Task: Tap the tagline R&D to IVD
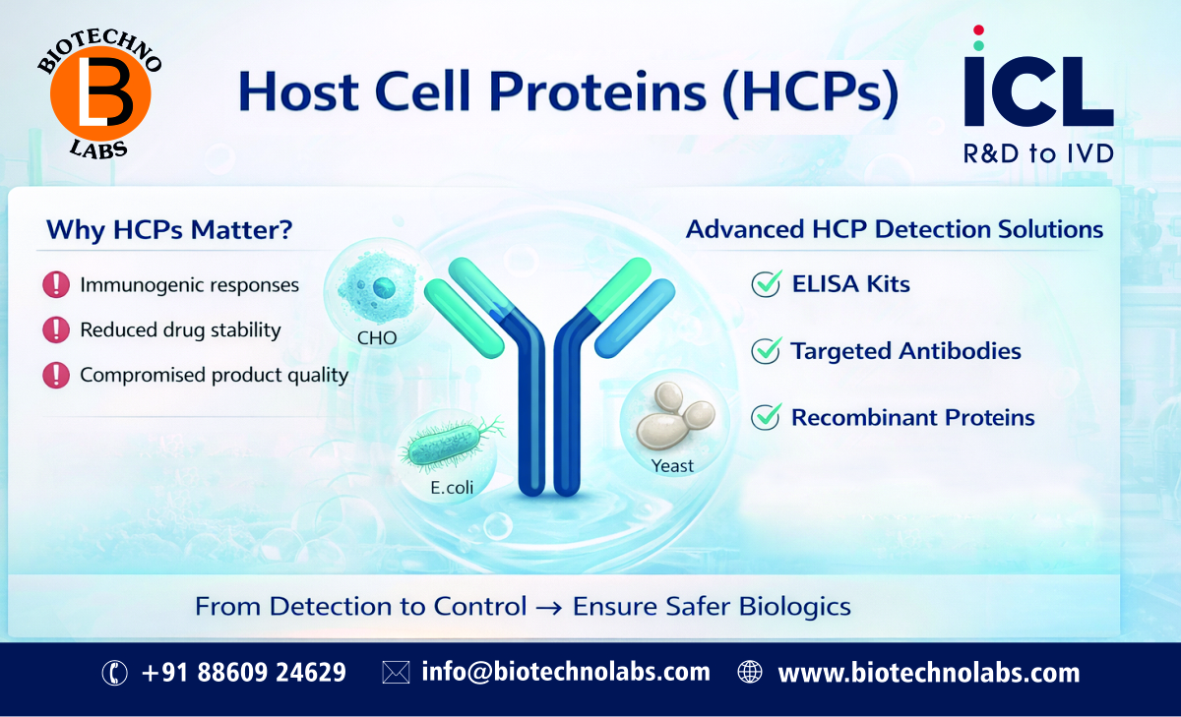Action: pos(1038,153)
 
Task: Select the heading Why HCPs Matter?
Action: pos(169,231)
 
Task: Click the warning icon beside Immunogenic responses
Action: pos(56,285)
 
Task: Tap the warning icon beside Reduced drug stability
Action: pos(56,330)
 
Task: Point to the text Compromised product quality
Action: pos(214,375)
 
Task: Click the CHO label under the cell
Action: pos(378,338)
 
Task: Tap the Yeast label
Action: pos(672,465)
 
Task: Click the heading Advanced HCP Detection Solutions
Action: pos(894,230)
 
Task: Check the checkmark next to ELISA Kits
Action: pos(766,284)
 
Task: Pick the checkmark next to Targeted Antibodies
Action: pos(766,350)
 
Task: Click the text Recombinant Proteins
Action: pos(912,417)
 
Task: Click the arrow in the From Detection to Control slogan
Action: pos(547,607)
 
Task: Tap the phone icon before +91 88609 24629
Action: pos(115,673)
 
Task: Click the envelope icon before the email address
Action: pos(396,673)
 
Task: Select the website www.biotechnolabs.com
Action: pos(928,673)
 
